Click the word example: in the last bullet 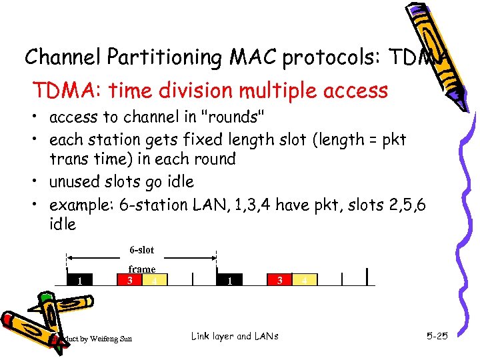click(x=81, y=204)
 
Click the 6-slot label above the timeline click(x=141, y=250)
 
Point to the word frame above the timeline click(x=141, y=269)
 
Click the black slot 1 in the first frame click(x=80, y=280)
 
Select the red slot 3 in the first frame click(x=131, y=280)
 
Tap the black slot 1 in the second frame click(x=229, y=281)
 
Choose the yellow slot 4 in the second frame click(x=305, y=281)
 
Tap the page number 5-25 click(x=437, y=336)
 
